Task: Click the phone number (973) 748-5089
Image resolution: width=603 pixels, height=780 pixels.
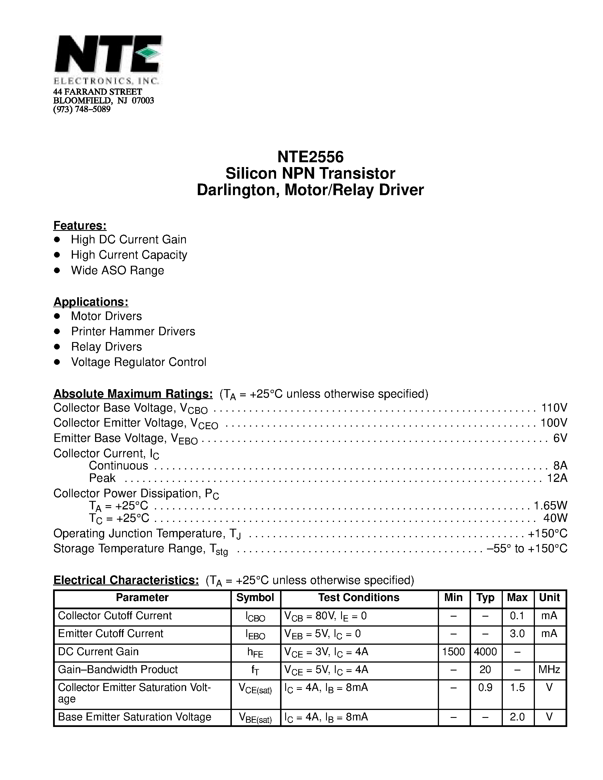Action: point(82,109)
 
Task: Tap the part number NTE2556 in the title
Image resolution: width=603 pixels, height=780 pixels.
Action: point(310,157)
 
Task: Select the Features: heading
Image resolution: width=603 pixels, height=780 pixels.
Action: point(80,225)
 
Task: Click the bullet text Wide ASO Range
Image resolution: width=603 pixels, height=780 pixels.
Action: point(117,270)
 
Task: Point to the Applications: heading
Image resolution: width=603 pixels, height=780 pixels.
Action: point(91,302)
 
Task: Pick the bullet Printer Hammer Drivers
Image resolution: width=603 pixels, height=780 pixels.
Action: point(133,331)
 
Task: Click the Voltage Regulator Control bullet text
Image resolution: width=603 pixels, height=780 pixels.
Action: point(138,362)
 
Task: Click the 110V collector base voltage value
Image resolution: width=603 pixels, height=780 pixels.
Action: point(554,408)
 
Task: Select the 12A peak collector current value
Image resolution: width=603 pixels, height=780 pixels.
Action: point(557,478)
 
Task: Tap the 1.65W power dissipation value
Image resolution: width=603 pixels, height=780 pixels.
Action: point(550,505)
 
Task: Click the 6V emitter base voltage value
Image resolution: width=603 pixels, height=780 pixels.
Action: point(560,438)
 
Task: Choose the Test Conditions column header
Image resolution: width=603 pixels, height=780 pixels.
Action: point(359,598)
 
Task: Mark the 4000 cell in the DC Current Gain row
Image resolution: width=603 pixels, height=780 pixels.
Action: point(485,652)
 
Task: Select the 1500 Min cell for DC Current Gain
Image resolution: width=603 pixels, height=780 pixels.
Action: point(453,652)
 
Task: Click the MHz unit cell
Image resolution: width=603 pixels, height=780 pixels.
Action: point(549,670)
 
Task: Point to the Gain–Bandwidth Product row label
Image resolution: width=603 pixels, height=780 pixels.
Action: point(117,670)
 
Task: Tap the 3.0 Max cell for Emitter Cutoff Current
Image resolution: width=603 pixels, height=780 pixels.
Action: point(517,634)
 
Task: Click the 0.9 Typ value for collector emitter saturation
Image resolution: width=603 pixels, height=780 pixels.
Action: point(485,688)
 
